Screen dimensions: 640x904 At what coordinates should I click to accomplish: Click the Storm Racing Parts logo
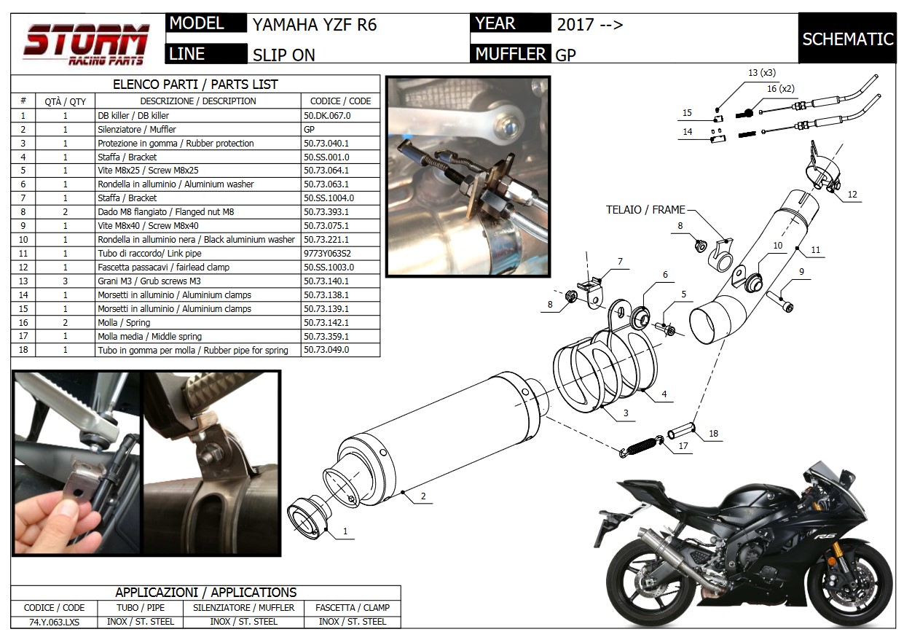pos(87,43)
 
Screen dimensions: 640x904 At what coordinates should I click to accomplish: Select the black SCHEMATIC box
pos(847,39)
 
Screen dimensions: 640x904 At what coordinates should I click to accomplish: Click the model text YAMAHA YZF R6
pos(315,25)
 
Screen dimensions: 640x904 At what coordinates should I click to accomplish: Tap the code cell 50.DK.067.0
pos(326,115)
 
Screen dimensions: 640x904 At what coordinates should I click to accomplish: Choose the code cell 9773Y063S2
pos(326,253)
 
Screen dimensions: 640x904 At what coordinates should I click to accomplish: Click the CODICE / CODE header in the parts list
pos(340,101)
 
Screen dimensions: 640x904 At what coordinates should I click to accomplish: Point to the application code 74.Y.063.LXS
pos(55,622)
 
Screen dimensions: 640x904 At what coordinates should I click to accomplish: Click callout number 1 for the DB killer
pos(345,532)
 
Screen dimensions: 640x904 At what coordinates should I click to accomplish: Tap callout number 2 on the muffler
pos(422,497)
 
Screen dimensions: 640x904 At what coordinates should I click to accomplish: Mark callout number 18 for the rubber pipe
pos(713,434)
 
